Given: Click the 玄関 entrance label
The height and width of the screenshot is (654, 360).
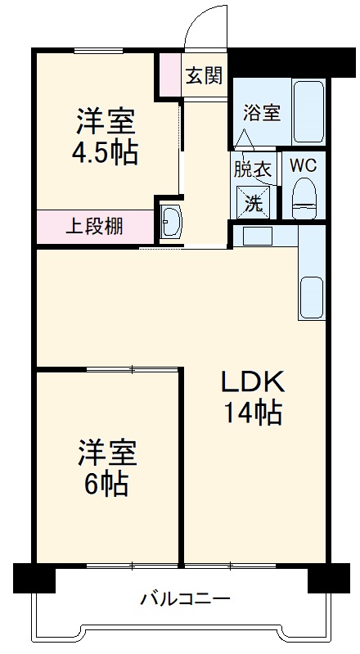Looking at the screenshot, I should click(x=203, y=75).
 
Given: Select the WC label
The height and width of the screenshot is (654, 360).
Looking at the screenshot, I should click(x=303, y=164).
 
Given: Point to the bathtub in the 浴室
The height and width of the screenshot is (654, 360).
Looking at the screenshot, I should click(x=308, y=112).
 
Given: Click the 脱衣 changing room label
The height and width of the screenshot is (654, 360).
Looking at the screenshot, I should click(x=252, y=170).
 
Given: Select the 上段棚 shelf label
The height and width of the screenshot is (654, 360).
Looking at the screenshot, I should click(x=95, y=225).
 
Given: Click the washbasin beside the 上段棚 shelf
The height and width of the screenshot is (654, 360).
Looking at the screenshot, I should click(x=171, y=222).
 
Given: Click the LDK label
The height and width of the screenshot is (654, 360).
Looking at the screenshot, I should click(x=253, y=381).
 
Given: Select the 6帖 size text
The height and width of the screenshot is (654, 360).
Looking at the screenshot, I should click(x=106, y=485).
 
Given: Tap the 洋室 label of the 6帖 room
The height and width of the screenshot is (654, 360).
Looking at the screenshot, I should click(x=106, y=451).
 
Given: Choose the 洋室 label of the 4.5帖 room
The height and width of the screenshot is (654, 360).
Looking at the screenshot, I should click(x=106, y=123).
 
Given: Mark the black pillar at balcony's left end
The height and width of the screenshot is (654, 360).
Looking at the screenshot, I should click(x=34, y=578).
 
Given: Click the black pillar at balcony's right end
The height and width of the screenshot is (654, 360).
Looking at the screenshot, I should click(x=327, y=578).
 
